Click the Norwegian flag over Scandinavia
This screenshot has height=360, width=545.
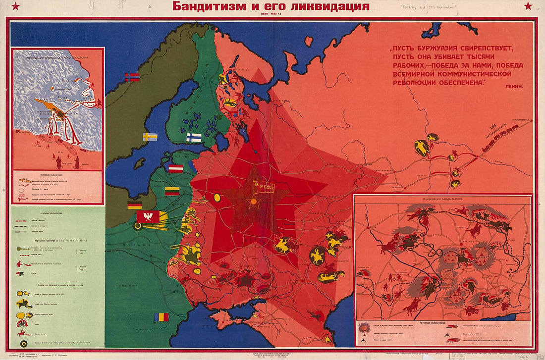[132, 77]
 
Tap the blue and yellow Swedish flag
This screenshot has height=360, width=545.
[150, 136]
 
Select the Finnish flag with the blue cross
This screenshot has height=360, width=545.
[194, 137]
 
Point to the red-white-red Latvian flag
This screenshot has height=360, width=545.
[176, 168]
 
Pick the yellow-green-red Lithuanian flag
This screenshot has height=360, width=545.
[172, 191]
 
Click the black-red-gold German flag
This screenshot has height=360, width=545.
[134, 205]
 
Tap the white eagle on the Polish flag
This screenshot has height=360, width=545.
[148, 216]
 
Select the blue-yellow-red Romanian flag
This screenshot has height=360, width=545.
[161, 317]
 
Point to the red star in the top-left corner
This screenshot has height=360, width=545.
[15, 6]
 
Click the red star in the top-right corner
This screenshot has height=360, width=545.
[528, 6]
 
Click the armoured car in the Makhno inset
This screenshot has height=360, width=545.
[470, 311]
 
